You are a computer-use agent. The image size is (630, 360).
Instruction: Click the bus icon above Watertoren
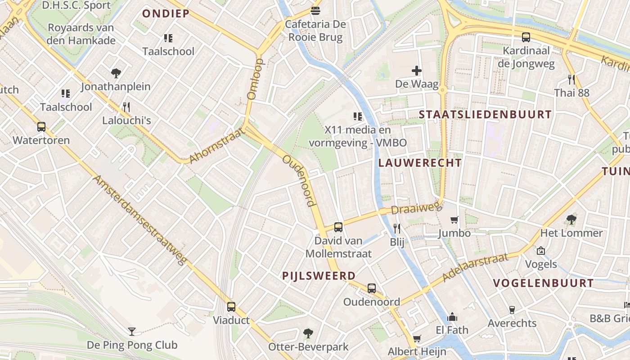[41, 127]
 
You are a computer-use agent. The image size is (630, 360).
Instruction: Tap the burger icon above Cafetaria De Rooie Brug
[315, 10]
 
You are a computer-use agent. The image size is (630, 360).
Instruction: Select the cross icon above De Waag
[417, 71]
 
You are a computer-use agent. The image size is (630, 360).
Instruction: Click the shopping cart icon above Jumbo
[454, 220]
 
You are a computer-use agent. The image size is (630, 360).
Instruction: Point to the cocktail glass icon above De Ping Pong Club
[132, 332]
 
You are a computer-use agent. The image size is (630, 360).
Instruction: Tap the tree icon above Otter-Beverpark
[308, 333]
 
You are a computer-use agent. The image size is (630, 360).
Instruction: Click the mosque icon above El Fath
[452, 317]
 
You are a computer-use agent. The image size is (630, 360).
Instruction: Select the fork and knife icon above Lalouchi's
[126, 107]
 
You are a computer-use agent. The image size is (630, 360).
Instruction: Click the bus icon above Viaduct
[231, 307]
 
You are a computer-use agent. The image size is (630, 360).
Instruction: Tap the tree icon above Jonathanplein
[116, 73]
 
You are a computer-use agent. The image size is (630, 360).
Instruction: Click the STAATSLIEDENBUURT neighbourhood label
[485, 114]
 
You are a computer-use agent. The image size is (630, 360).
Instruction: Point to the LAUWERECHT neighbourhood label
[420, 163]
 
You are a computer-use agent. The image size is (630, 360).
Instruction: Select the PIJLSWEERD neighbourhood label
[319, 276]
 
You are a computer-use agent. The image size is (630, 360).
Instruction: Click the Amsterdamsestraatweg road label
[139, 220]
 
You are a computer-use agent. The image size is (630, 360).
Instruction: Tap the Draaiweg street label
[409, 209]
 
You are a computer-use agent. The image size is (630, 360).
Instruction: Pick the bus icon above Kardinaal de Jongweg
[526, 37]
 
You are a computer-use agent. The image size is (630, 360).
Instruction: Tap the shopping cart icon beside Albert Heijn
[417, 338]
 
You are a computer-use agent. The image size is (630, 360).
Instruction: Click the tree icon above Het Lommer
[571, 220]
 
